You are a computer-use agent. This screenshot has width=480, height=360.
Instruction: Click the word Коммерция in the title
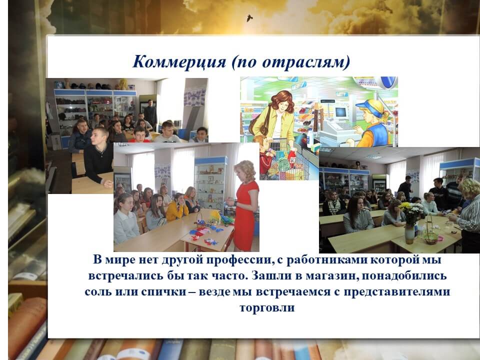click(179, 62)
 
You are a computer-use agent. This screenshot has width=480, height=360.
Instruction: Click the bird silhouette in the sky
click(249, 18)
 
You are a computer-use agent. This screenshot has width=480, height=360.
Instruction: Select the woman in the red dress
click(243, 205)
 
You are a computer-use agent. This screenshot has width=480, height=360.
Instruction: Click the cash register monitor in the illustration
click(340, 112)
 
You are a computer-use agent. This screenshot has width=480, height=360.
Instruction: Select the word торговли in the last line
click(267, 307)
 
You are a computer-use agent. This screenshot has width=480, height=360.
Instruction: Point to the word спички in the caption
click(164, 291)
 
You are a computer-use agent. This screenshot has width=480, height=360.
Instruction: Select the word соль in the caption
click(98, 291)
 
